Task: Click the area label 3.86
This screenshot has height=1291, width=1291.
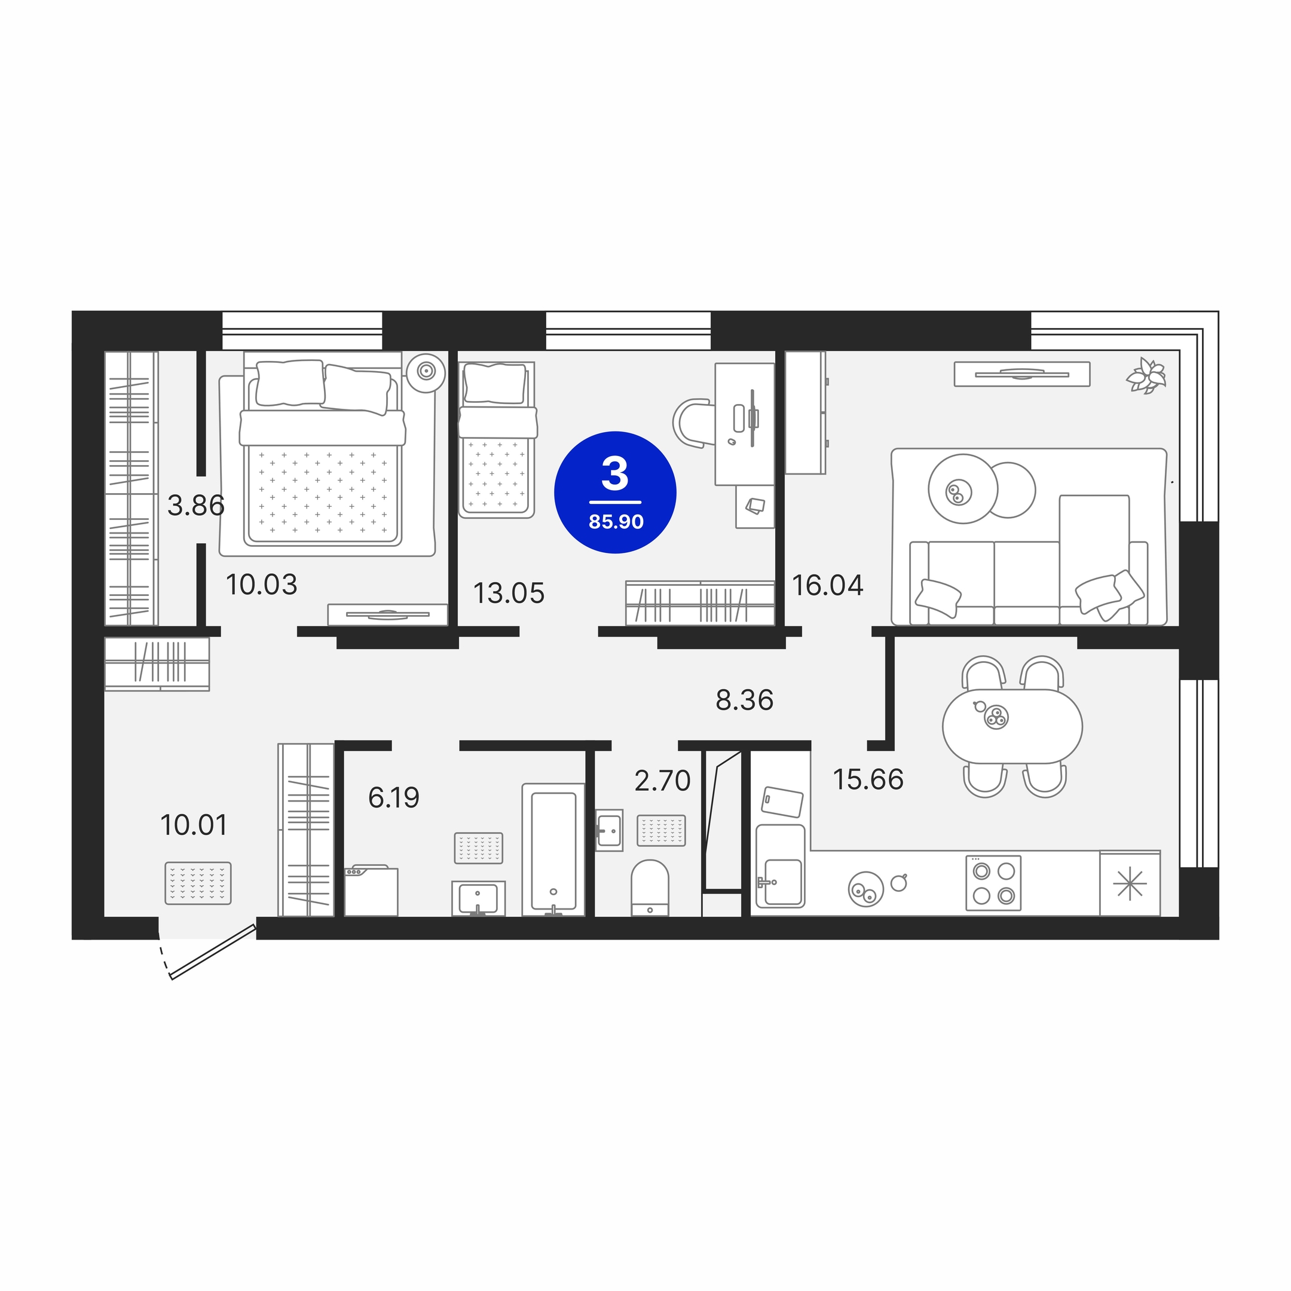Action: point(196,506)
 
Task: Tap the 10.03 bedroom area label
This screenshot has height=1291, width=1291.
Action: point(261,585)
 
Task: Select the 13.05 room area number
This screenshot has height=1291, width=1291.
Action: point(509,594)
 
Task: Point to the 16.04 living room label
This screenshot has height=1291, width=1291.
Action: point(827,585)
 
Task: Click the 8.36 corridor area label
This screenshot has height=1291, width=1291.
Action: point(744,700)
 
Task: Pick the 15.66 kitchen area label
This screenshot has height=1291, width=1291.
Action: point(868,780)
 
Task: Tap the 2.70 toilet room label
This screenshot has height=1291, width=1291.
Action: point(662,781)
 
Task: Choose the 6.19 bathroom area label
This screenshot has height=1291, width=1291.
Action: point(394,798)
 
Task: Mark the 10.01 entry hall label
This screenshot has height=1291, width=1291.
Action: point(194,825)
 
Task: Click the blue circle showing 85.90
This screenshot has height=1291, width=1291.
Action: point(615,492)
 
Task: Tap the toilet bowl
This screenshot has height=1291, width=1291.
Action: point(650,888)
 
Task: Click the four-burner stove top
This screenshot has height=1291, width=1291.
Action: point(993,883)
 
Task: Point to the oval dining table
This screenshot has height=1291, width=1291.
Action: point(1012,726)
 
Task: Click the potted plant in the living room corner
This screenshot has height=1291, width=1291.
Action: point(1147,375)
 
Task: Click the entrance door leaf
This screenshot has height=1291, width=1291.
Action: point(214,952)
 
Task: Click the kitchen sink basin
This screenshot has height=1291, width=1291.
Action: point(782,882)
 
